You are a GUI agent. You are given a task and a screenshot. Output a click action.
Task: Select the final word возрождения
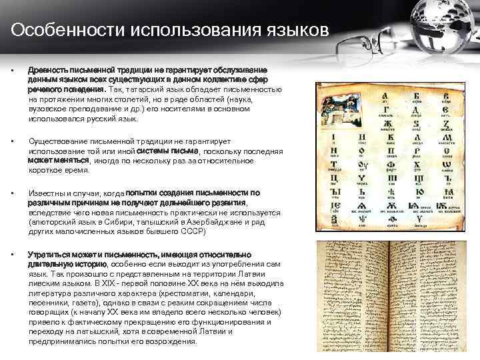pyautogui.click(x=171, y=340)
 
